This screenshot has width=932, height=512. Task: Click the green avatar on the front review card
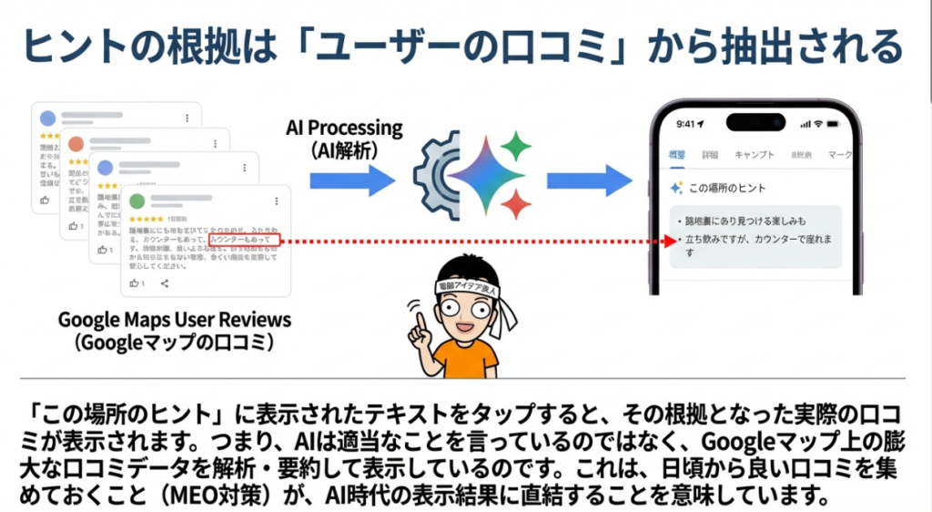point(137,200)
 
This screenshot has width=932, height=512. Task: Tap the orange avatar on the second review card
point(76,144)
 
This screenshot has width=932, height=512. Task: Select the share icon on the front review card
point(165,283)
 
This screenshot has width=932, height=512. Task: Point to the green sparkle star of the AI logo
point(516,146)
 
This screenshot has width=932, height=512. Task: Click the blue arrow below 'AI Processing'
point(351,180)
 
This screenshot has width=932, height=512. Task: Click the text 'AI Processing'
point(344,128)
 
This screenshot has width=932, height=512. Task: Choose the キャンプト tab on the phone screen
point(754,155)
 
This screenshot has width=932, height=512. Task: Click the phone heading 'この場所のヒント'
point(727,189)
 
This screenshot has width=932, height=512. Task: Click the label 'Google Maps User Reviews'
point(175,321)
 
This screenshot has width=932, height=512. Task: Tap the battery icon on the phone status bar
point(839,123)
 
